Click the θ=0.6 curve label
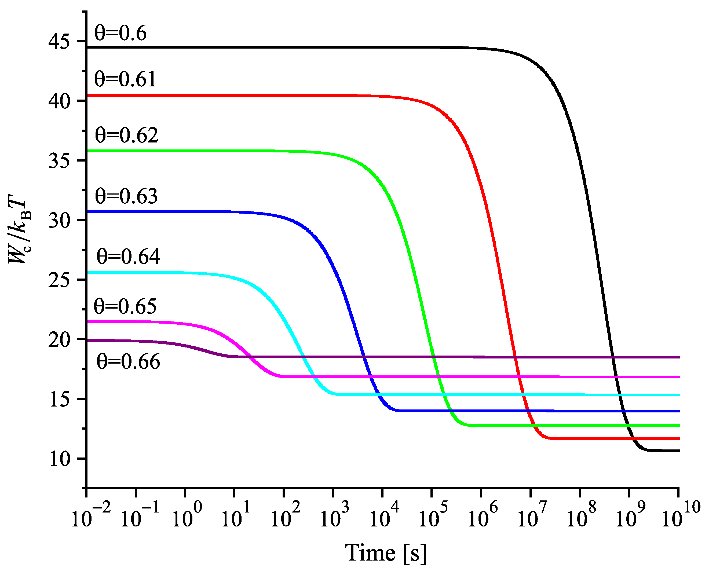120,34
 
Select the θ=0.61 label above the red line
125,80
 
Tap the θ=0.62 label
127,135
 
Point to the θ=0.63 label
127,196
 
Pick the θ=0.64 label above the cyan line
128,257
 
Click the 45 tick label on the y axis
59,42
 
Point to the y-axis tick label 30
59,220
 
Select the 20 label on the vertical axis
59,340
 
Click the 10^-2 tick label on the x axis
90,517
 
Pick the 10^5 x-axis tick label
433,517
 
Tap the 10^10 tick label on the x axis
681,517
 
